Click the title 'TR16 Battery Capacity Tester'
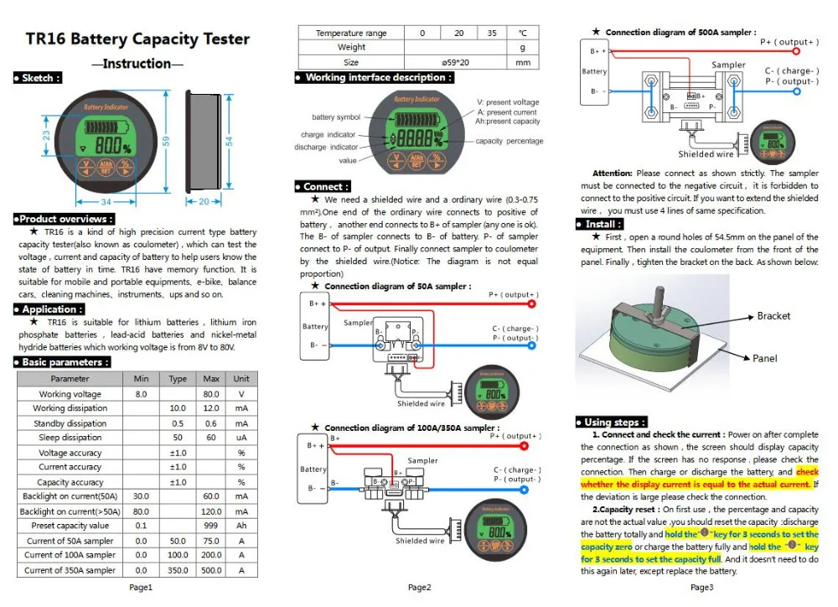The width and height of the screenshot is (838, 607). (x=138, y=39)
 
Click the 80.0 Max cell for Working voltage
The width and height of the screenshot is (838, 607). (x=211, y=393)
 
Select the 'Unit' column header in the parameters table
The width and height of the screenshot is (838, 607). (x=241, y=378)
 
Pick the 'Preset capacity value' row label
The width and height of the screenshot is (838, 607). (x=70, y=526)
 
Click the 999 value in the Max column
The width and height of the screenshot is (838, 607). (x=211, y=526)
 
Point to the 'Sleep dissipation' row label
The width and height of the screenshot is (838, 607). (x=70, y=438)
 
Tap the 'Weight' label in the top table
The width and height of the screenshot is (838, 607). (x=351, y=48)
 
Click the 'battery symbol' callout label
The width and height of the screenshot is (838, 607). (x=336, y=117)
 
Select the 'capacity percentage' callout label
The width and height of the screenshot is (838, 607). (x=510, y=141)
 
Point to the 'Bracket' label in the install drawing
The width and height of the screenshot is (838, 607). (x=773, y=316)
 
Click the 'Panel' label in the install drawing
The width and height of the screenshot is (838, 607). (x=764, y=358)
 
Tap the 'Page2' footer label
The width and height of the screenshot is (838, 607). (x=419, y=588)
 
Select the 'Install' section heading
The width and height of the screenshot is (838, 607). (x=603, y=224)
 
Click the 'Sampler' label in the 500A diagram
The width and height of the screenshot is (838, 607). (x=728, y=65)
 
